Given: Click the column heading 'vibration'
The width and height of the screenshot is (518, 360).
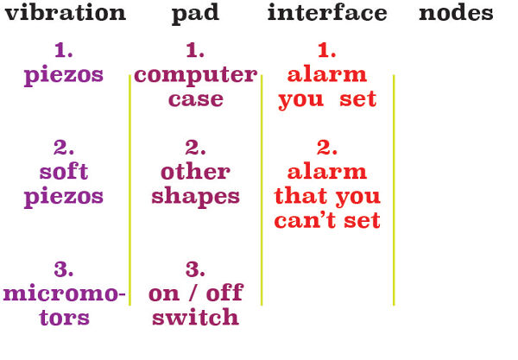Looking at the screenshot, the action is [66, 13].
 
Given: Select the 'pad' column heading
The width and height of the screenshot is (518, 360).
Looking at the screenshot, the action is [195, 15].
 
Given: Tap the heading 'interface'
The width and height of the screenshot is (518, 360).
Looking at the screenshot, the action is [327, 13].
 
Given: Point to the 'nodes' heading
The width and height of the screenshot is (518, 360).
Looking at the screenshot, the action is [456, 13].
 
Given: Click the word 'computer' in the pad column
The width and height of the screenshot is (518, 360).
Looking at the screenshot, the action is [196, 77].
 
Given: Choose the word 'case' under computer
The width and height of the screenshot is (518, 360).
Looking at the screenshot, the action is [196, 99].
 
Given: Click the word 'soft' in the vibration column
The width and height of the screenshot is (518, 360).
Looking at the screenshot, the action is [64, 172].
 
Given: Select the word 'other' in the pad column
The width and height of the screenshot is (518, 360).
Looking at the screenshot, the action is [196, 172].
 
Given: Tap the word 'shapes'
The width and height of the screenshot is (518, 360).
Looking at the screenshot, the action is [196, 198].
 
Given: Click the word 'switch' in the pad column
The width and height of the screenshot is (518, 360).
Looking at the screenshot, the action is [196, 317].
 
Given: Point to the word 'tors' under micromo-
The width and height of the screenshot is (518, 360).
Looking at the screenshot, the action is [64, 318].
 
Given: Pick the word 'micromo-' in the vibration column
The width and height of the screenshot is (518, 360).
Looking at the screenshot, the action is [64, 293].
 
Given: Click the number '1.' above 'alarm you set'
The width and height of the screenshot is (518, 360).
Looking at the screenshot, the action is [326, 50].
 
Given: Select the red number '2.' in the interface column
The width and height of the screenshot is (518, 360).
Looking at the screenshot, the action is [326, 148].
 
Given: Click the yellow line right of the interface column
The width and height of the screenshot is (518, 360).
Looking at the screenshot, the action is [394, 190].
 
